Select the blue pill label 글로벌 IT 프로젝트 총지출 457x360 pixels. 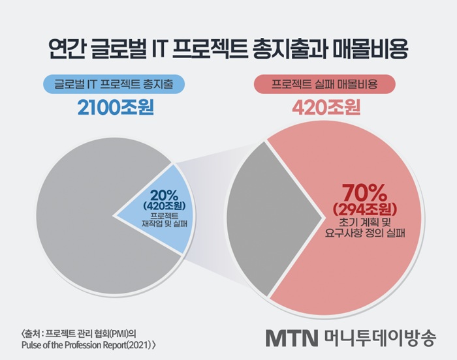(x=114, y=83)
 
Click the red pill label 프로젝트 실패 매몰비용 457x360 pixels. (x=324, y=83)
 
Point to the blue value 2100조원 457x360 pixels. (x=114, y=106)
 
